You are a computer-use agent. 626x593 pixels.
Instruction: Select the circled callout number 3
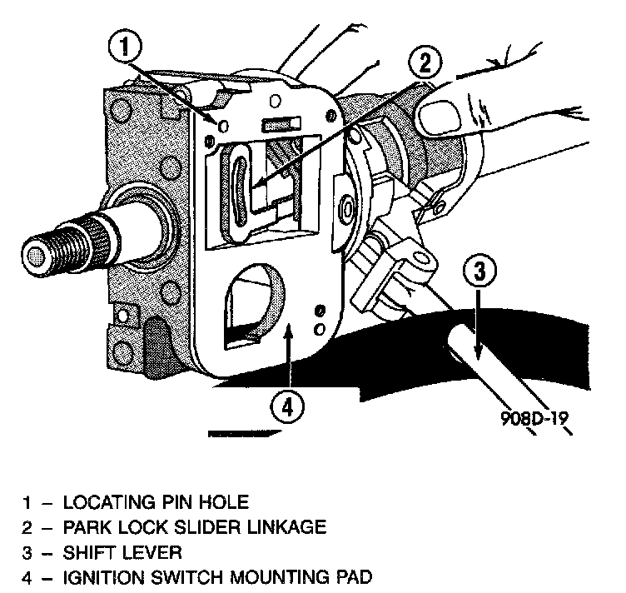pyautogui.click(x=485, y=270)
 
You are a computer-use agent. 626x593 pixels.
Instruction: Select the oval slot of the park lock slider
pyautogui.click(x=239, y=188)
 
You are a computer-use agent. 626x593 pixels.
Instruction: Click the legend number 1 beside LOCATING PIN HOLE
pyautogui.click(x=27, y=502)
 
